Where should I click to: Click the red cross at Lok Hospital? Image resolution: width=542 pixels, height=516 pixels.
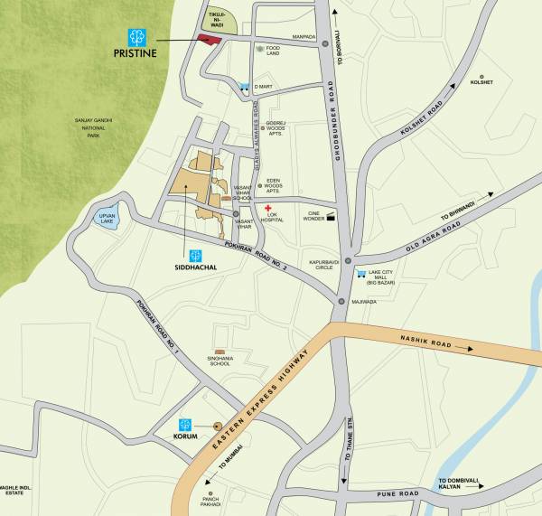[268, 208]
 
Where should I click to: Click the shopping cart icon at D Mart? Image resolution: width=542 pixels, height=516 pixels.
[244, 87]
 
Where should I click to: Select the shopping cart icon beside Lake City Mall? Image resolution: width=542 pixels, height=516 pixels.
[360, 272]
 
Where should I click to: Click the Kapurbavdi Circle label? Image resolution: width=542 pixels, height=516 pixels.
[322, 264]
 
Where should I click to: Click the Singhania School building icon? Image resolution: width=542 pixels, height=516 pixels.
[219, 352]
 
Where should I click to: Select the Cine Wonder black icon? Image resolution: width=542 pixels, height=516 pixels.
[332, 218]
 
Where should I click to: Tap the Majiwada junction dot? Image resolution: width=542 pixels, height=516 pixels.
[341, 302]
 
